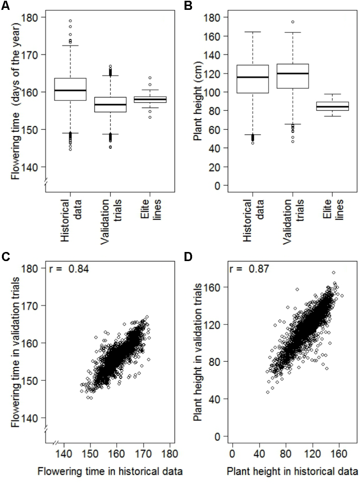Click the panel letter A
5,6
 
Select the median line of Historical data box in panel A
70,90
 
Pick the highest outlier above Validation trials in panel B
293,22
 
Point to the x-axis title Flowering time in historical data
110,471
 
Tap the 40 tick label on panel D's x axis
259,453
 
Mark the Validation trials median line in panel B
293,74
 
